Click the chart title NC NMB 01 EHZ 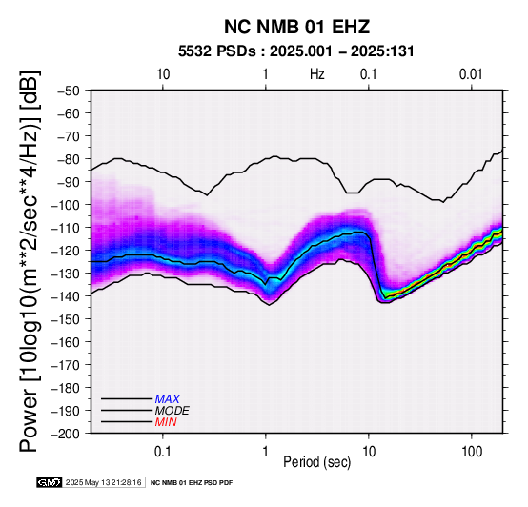click(296, 27)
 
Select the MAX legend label click(168, 399)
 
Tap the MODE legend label click(173, 411)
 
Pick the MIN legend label click(166, 422)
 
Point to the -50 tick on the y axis click(68, 91)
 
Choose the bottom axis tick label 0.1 click(163, 452)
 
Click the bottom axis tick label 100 click(472, 452)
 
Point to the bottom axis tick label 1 click(265, 452)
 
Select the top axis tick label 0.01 click(471, 74)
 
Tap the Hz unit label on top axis click(317, 74)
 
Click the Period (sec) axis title click(316, 462)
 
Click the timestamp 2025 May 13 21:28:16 click(104, 482)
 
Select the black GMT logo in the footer click(50, 482)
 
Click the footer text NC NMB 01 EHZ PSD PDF click(192, 483)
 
